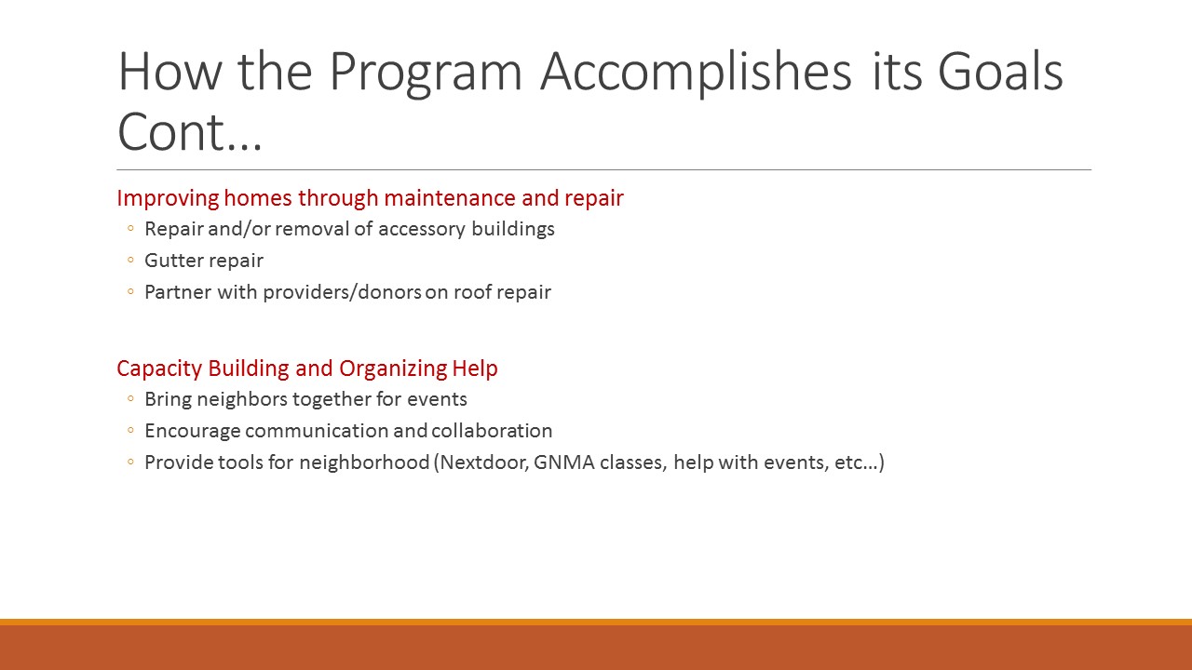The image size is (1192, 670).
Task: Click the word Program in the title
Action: (426, 73)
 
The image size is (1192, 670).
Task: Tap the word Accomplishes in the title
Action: (696, 73)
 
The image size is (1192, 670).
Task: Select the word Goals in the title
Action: (1000, 72)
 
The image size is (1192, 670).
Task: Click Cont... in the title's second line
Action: (189, 132)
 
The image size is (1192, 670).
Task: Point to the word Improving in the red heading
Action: (168, 198)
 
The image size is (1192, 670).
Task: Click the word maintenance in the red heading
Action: (450, 198)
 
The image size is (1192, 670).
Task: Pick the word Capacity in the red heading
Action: (159, 368)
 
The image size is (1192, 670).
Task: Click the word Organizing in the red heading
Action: (393, 368)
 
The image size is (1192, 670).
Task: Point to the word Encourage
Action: (193, 431)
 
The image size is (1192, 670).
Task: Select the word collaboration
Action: (492, 431)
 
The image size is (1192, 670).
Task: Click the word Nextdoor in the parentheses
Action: (484, 462)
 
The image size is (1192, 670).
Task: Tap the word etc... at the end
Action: (856, 462)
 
